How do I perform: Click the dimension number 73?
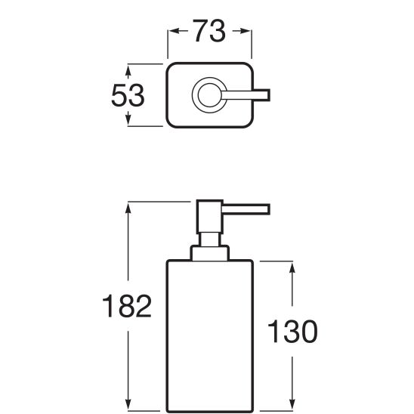click(209, 31)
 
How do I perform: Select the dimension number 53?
click(128, 95)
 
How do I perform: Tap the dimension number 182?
click(127, 306)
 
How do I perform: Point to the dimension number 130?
click(292, 331)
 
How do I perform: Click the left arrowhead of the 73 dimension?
click(175, 31)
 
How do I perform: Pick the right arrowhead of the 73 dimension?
click(245, 31)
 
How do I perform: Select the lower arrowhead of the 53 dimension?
click(128, 119)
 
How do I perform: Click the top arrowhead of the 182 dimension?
click(128, 209)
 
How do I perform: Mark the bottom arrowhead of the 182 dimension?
click(128, 404)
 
